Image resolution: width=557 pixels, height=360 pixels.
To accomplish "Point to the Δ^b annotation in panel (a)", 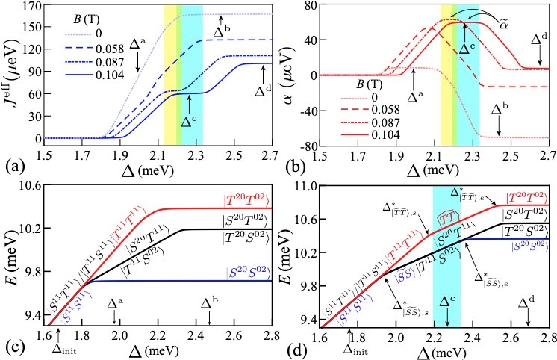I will pyautogui.click(x=223, y=32).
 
